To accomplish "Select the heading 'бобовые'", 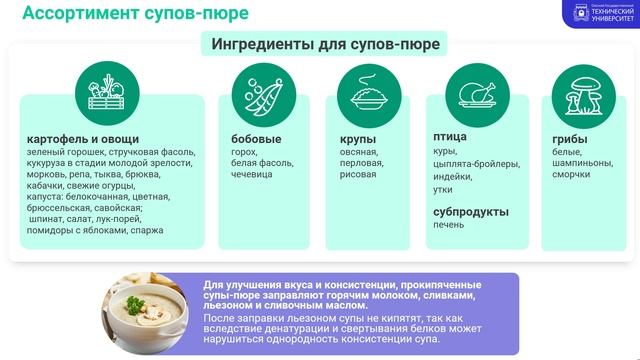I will pos(256,138).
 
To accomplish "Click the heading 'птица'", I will pos(452,138).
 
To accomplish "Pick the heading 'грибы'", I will pos(570,138).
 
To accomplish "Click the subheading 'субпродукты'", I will pos(471,211).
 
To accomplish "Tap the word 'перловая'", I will pos(361,162).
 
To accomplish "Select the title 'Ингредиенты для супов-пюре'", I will pos(326,45).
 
